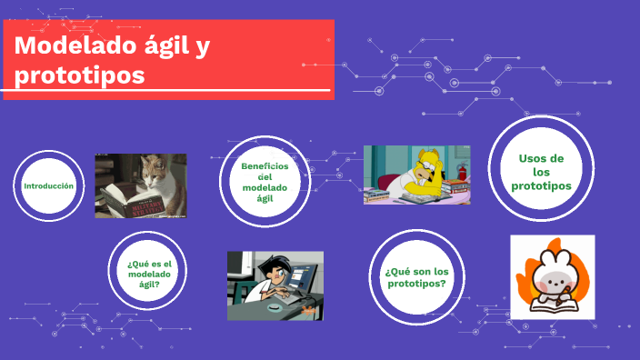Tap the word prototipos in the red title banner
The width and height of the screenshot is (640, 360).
point(80,75)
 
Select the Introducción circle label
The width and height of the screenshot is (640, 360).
point(48,185)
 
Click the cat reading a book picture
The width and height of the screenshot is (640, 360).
point(140,185)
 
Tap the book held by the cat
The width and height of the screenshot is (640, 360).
point(125,197)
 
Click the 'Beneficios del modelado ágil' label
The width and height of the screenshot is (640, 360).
point(265,182)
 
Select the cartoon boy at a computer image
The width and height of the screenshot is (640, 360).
point(275,285)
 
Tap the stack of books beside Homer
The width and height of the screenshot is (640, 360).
point(382,195)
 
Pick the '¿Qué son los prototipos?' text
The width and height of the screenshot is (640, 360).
point(416,277)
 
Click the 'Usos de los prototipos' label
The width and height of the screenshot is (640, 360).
point(541,172)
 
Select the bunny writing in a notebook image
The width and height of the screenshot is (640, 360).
point(552,276)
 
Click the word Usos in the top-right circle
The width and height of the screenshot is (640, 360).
point(541,158)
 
